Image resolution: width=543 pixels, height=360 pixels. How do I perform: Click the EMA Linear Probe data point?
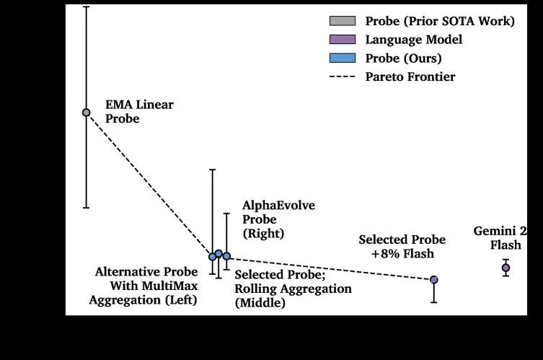[x=86, y=112]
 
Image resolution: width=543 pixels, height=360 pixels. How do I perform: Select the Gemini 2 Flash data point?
[x=506, y=268]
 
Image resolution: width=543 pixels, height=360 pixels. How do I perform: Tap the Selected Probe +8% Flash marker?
[x=434, y=279]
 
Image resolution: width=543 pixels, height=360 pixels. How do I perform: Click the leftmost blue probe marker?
[x=212, y=256]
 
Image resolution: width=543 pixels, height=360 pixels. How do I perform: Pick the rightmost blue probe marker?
[x=226, y=256]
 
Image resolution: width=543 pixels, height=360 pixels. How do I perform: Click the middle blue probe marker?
[x=218, y=253]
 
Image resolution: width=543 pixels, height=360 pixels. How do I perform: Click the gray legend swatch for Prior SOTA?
[x=342, y=21]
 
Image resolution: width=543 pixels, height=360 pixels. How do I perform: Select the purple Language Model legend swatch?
[x=342, y=40]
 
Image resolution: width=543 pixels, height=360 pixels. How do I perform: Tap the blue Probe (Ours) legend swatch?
[x=342, y=58]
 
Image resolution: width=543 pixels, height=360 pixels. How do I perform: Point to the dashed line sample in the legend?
[x=342, y=76]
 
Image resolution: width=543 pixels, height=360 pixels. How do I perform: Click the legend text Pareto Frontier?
[x=410, y=76]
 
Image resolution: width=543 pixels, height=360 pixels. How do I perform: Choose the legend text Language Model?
[x=413, y=40]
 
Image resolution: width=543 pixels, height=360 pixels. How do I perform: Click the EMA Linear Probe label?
[x=139, y=112]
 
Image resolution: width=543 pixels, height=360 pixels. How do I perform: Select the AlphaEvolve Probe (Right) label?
[x=269, y=219]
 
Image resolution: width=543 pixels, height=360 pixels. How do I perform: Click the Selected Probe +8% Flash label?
[x=402, y=247]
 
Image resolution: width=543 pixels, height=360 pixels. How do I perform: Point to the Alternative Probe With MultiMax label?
[x=146, y=286]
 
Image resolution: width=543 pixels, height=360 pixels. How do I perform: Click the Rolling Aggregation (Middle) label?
[x=293, y=289]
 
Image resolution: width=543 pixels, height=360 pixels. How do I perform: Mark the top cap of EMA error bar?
[x=86, y=6]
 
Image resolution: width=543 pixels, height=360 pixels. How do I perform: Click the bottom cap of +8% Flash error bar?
[x=434, y=302]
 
